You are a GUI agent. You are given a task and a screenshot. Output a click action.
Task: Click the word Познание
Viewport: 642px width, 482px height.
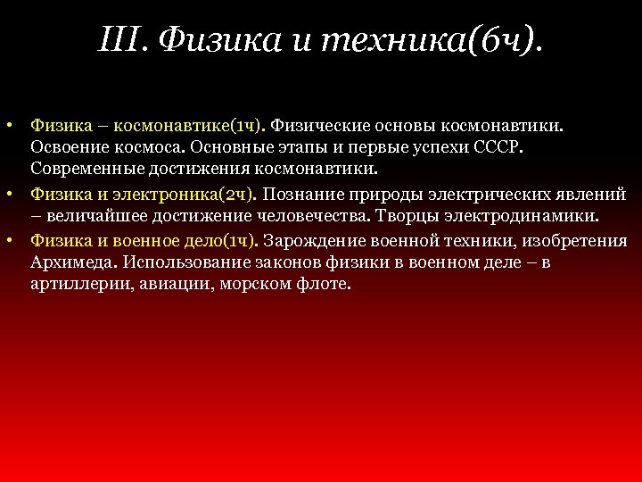(x=301, y=193)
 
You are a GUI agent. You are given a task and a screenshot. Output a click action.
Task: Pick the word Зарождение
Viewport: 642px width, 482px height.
(x=308, y=240)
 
